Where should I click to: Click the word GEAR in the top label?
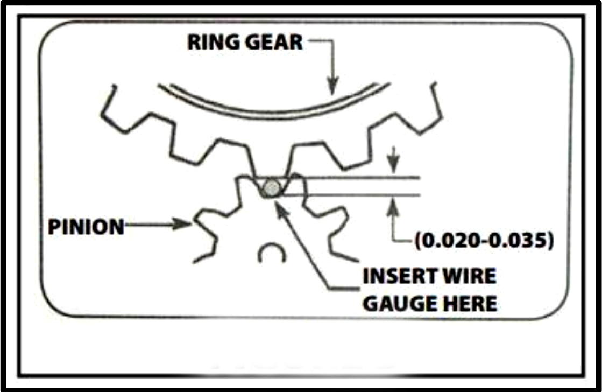[x=274, y=43]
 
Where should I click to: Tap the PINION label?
[x=86, y=227]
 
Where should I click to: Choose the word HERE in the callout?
[x=470, y=304]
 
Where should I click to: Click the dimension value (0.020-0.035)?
[x=484, y=241]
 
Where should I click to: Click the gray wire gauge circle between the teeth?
[x=272, y=188]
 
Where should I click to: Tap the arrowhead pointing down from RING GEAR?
[x=333, y=87]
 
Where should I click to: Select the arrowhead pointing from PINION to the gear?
[x=182, y=223]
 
